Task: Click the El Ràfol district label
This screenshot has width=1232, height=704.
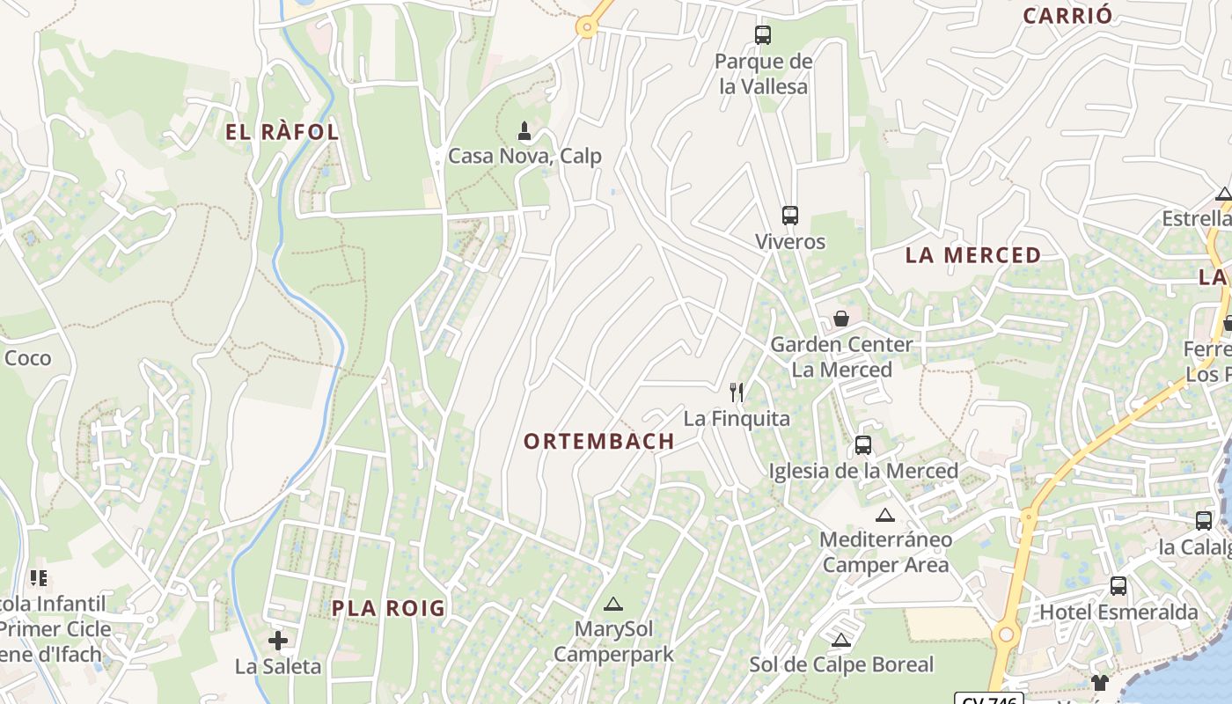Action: (282, 133)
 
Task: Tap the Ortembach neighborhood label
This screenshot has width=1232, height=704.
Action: (599, 442)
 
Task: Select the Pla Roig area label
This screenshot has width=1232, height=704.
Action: (388, 608)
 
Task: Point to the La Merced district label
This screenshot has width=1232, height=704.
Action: (973, 256)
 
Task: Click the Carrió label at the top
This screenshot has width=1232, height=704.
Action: (1067, 16)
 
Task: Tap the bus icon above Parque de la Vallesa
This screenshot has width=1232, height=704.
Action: (763, 35)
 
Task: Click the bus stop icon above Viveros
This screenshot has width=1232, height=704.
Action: (790, 216)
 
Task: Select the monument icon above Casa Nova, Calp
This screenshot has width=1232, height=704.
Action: (524, 132)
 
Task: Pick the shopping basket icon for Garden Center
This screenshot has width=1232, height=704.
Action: (841, 319)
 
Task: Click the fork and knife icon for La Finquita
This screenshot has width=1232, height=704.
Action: (737, 392)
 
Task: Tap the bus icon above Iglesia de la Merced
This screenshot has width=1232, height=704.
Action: (863, 445)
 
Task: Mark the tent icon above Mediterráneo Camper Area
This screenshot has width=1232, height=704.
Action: (885, 515)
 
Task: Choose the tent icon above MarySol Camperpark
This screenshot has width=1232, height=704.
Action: (613, 605)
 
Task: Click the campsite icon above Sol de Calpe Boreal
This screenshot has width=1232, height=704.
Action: (841, 640)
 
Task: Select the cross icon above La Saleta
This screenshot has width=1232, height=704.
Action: (278, 641)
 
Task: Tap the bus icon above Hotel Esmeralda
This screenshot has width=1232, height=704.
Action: (1118, 586)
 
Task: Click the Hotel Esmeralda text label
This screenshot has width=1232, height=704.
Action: (1118, 612)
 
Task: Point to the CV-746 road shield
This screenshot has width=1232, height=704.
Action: (989, 700)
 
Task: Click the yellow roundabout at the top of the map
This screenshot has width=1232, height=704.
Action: (587, 27)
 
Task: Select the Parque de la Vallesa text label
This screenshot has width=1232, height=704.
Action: (763, 74)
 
